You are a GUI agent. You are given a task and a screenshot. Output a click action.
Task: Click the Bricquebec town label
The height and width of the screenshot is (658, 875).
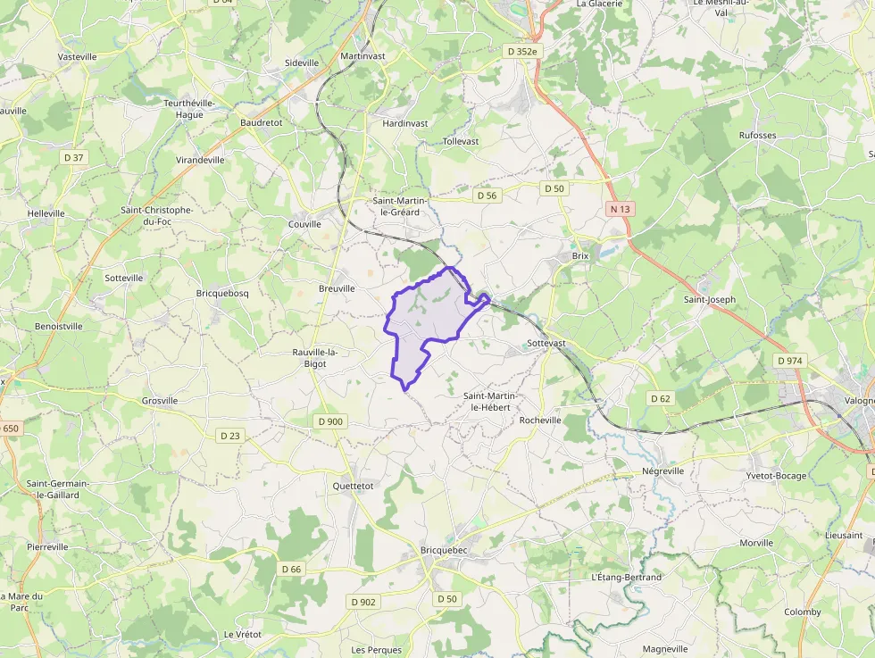444,550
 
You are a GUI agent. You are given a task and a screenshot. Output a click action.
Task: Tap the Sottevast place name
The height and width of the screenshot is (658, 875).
546,343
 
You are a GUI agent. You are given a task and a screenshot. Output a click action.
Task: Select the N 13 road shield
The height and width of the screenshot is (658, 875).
620,209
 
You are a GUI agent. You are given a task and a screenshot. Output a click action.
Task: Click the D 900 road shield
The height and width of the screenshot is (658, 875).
329,421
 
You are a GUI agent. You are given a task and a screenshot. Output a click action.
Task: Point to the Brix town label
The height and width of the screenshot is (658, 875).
581,255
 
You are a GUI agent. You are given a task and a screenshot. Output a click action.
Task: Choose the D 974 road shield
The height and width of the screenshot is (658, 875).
790,360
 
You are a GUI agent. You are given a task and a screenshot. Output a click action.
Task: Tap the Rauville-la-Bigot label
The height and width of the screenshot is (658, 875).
314,357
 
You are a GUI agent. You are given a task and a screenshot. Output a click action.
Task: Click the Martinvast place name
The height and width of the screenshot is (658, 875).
362,56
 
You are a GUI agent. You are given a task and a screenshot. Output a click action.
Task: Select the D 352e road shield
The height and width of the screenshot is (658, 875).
522,52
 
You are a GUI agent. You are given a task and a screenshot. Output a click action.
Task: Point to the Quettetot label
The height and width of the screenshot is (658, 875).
352,486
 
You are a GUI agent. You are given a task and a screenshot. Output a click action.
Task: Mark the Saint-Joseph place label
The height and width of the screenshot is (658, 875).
710,300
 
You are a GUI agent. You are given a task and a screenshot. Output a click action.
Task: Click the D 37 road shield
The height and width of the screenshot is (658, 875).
73,157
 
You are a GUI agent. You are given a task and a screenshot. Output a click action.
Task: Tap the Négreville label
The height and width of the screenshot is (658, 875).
662,471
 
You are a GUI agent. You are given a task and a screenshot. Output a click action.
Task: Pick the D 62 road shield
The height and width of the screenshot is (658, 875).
660,398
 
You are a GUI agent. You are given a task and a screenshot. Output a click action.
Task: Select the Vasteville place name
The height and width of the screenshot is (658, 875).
77,56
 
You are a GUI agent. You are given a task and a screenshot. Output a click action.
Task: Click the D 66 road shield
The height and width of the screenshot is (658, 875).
291,569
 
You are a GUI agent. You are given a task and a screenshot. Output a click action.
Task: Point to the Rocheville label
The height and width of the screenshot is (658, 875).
540,420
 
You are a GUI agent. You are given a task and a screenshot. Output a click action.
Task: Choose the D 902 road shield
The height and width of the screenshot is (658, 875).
363,602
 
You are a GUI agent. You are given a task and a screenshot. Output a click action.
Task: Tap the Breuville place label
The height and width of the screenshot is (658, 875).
337,288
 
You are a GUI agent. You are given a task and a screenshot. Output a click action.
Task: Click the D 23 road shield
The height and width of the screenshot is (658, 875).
229,436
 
